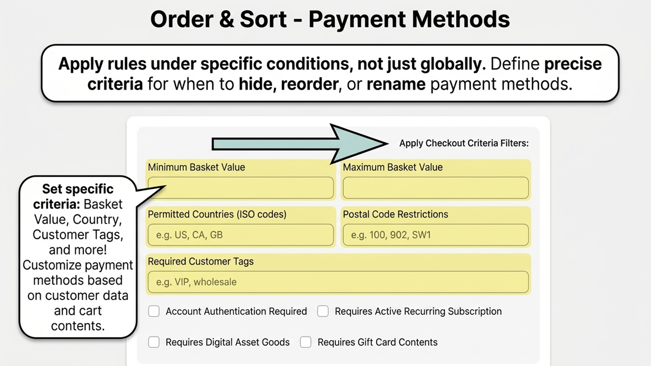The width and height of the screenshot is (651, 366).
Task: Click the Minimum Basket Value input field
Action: pyautogui.click(x=240, y=188)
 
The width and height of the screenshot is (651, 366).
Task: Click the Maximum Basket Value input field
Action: pyautogui.click(x=436, y=188)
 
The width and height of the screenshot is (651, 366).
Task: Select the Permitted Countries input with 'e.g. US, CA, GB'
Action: pyautogui.click(x=240, y=235)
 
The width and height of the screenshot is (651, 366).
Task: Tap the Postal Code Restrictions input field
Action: pyautogui.click(x=436, y=235)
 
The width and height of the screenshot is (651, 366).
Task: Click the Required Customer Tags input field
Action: pyautogui.click(x=338, y=282)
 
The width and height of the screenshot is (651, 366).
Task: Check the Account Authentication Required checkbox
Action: pyautogui.click(x=154, y=311)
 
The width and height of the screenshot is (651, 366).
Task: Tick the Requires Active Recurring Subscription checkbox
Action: pyautogui.click(x=323, y=311)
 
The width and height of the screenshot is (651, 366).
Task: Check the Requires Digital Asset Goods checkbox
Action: pyautogui.click(x=154, y=342)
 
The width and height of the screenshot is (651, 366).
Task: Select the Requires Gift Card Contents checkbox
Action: pyautogui.click(x=306, y=342)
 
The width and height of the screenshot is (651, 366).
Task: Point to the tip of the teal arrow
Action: pyautogui.click(x=388, y=143)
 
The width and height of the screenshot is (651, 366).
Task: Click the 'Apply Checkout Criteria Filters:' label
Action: pyautogui.click(x=464, y=143)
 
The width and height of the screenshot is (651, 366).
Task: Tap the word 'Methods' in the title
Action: pyautogui.click(x=461, y=19)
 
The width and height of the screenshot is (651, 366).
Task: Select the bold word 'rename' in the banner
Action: pyautogui.click(x=396, y=84)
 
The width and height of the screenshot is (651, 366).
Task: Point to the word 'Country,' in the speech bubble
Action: pyautogui.click(x=97, y=220)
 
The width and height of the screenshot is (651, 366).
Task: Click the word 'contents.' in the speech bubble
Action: pyautogui.click(x=78, y=326)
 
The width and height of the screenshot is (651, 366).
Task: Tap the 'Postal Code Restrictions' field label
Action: pyautogui.click(x=395, y=214)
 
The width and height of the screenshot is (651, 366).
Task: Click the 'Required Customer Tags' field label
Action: pyautogui.click(x=201, y=261)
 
